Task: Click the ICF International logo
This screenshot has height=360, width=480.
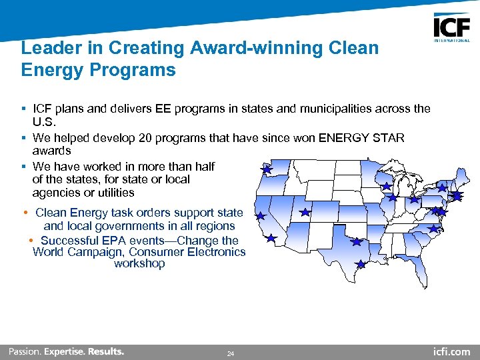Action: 451,27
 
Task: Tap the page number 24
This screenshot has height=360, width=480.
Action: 231,353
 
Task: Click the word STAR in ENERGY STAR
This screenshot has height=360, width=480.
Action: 389,137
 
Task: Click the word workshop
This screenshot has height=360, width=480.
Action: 139,263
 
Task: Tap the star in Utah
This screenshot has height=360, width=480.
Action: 305,212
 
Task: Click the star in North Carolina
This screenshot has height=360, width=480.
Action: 433,229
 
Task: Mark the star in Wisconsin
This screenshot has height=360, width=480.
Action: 385,185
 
